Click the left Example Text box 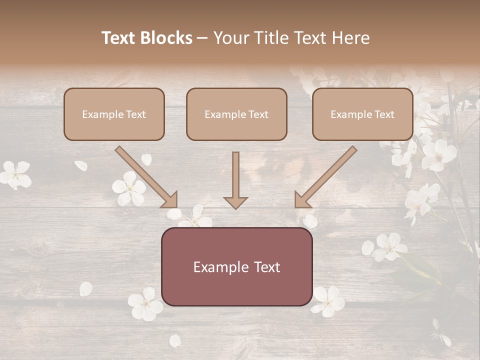(x=114, y=114)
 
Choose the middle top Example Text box (x=236, y=114)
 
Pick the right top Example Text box (x=362, y=114)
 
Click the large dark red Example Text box (x=236, y=266)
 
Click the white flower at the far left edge (x=15, y=174)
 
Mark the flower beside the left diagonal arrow (x=129, y=188)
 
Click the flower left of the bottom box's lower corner (x=145, y=303)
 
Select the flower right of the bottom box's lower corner (x=328, y=301)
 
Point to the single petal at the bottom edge (x=174, y=340)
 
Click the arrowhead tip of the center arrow (x=235, y=207)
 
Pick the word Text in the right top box (x=384, y=114)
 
